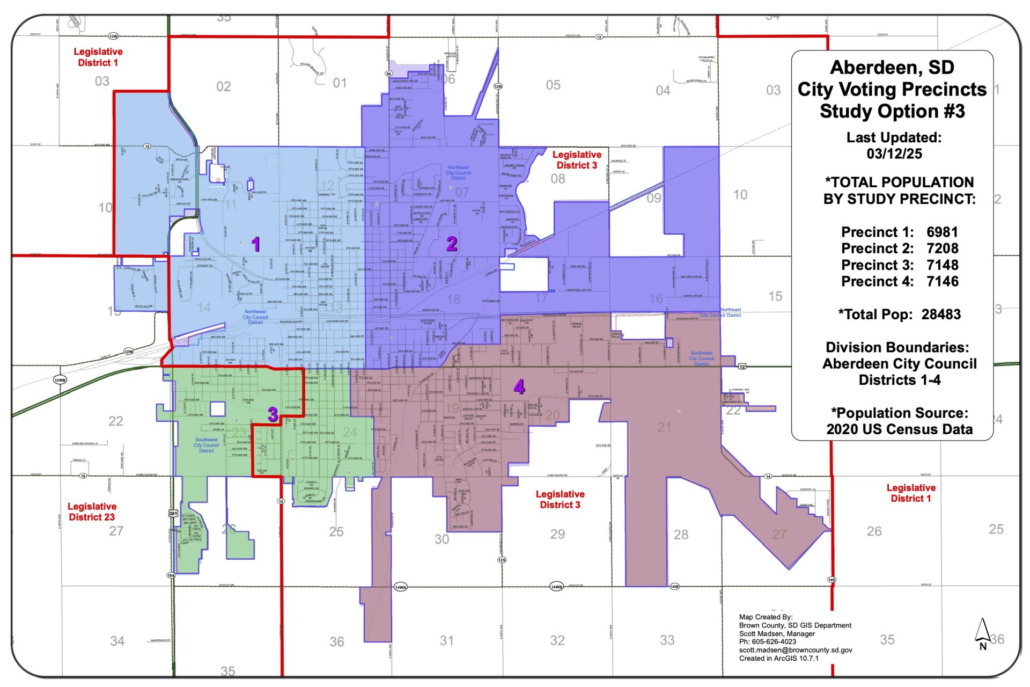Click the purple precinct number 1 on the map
[256, 244]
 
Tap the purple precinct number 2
[452, 244]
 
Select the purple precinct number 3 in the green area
[273, 414]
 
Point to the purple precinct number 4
[519, 387]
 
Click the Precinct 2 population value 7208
[942, 249]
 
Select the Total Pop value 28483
[941, 315]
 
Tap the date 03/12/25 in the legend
[894, 154]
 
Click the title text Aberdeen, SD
[892, 68]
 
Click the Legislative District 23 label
[92, 511]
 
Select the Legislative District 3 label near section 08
[577, 160]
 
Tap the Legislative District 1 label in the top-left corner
[98, 57]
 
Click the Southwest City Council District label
[207, 445]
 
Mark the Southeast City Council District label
[701, 359]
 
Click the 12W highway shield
[129, 352]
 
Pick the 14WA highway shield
[400, 587]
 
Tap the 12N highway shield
[498, 86]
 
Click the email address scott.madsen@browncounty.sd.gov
[796, 650]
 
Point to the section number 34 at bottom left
[117, 641]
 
